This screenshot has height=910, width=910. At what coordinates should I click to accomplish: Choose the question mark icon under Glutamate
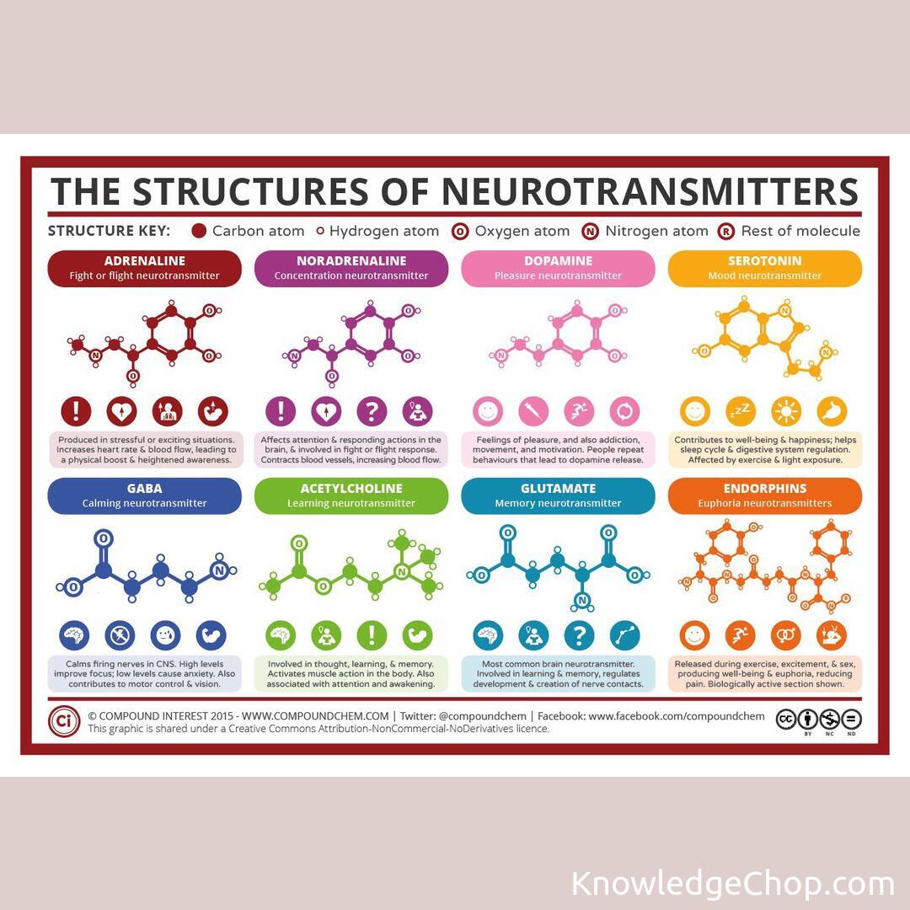point(579,635)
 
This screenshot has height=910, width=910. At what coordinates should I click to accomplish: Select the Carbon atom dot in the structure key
point(199,231)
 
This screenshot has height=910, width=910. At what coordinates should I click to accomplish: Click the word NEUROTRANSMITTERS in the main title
point(650,192)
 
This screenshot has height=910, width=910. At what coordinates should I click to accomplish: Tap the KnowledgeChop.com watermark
point(732,884)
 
